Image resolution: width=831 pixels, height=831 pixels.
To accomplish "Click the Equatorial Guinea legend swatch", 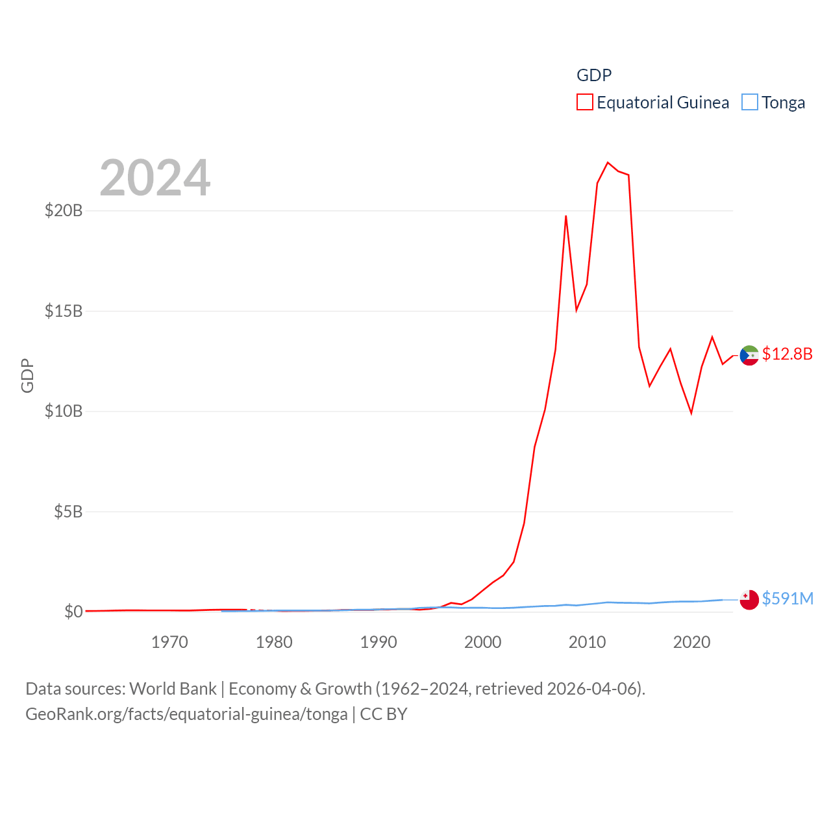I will [x=584, y=103].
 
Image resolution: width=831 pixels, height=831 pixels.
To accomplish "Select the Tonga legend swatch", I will [x=750, y=103].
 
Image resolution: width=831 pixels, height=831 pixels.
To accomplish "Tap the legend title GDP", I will [x=593, y=75].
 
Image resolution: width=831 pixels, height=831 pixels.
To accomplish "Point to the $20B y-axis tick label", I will [x=63, y=210].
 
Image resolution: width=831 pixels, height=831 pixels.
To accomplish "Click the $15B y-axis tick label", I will [x=63, y=311].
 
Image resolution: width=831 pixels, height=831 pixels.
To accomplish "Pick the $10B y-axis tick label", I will [x=63, y=411].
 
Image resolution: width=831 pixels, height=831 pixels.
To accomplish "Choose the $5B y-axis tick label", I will [x=68, y=512].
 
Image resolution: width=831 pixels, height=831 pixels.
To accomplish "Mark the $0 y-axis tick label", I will [x=73, y=612].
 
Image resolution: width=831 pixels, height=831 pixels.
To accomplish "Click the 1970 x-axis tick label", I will [x=169, y=642].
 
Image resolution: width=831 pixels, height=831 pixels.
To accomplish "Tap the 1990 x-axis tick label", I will [x=378, y=642].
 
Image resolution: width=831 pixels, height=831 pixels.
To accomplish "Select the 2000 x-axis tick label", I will [x=483, y=642].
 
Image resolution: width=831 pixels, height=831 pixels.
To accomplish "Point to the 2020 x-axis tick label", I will [x=691, y=642].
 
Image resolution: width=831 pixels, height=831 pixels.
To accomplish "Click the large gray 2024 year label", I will [x=155, y=178].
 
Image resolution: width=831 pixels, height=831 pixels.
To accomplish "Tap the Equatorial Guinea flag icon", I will [x=749, y=355].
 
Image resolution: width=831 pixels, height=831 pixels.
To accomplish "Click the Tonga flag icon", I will [x=749, y=599].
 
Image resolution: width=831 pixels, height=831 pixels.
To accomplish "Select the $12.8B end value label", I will [x=787, y=354].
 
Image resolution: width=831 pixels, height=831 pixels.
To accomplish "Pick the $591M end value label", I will [x=788, y=599].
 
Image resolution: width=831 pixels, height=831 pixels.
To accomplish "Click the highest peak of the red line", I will [x=608, y=162].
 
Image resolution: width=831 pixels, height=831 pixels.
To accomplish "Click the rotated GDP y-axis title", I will [x=27, y=375].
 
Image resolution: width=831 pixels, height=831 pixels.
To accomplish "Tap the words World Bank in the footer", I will [x=173, y=688].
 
